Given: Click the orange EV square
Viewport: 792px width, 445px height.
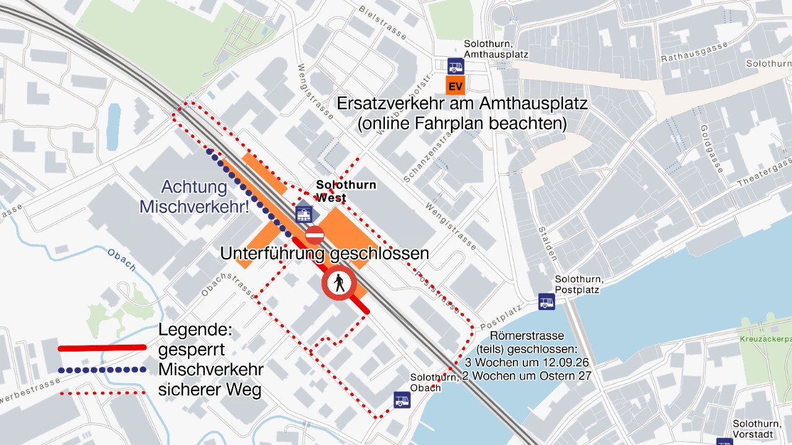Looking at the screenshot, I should click(455, 85).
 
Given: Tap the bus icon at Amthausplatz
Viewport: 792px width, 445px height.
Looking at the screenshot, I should click(455, 66).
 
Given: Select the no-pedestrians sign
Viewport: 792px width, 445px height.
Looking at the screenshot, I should click(338, 283).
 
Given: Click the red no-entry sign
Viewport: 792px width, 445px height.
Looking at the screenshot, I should click(314, 235).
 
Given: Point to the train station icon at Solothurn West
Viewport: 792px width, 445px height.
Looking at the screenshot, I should click(304, 214).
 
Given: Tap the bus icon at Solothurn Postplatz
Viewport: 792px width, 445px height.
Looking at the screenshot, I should click(546, 301).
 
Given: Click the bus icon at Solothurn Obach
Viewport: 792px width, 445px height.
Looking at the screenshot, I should click(402, 400).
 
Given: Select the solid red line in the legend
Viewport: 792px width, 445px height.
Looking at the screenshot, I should click(102, 348).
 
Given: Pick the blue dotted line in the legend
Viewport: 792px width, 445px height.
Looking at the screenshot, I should click(102, 370).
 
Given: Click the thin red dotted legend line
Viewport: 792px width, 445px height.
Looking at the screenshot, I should click(102, 392).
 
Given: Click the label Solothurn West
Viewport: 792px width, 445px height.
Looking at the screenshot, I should click(345, 191).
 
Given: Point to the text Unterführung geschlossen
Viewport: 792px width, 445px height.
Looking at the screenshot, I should click(324, 253).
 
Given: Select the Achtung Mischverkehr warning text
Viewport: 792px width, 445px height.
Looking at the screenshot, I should click(194, 197).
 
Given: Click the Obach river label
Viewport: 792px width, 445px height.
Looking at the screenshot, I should click(121, 259).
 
